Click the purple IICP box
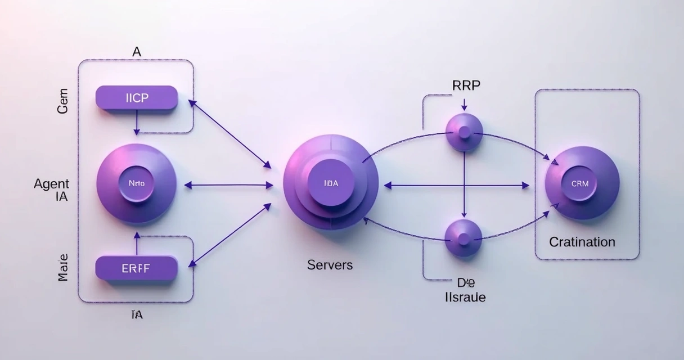(x=137, y=98)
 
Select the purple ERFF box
(x=136, y=268)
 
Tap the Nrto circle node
(x=136, y=183)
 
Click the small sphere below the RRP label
(x=464, y=132)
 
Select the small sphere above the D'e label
(x=463, y=238)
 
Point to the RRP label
(x=466, y=85)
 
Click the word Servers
(x=330, y=264)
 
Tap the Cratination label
(x=582, y=242)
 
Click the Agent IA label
(x=52, y=190)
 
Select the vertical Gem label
(x=62, y=101)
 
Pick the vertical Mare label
(x=62, y=268)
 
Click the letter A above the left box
(x=137, y=52)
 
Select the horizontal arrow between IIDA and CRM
(x=457, y=184)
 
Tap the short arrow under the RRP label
(x=464, y=104)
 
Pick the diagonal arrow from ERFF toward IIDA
(x=231, y=235)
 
